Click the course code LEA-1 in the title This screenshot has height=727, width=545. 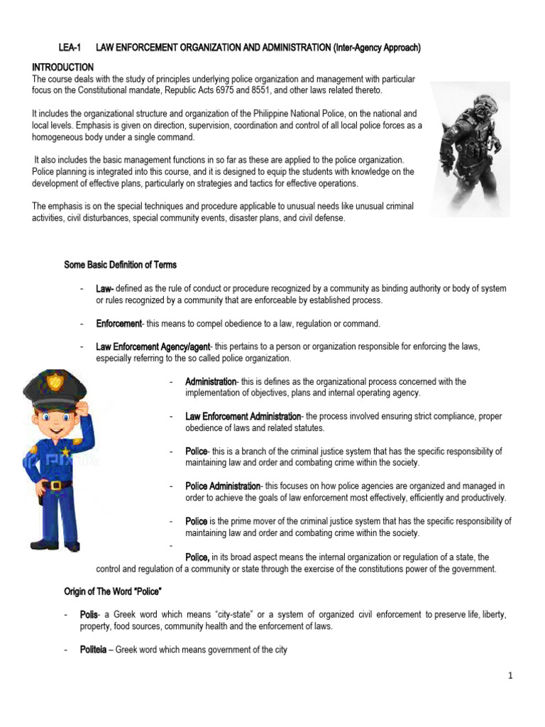[70, 48]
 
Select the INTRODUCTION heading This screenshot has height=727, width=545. [63, 67]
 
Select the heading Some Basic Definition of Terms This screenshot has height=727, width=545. [120, 265]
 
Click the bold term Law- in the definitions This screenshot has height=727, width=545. [106, 289]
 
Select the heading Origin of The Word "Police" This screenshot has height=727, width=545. [114, 592]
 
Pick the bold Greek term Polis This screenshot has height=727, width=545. [89, 615]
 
